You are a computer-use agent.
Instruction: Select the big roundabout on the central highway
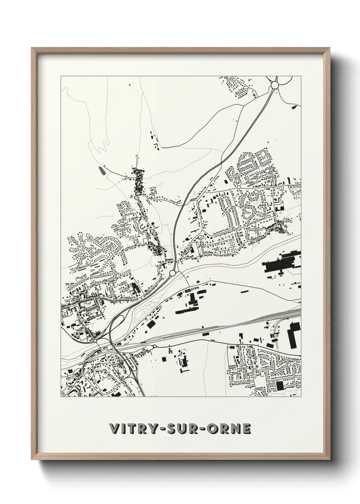pos(173,273)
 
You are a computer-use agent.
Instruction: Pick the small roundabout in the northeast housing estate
pos(239,187)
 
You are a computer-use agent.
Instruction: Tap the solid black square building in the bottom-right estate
pos(280,386)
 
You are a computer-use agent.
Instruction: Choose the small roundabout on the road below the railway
pos(154,347)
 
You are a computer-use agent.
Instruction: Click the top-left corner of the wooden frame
pos(32,48)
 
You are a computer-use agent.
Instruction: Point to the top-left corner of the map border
pos(61,76)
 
